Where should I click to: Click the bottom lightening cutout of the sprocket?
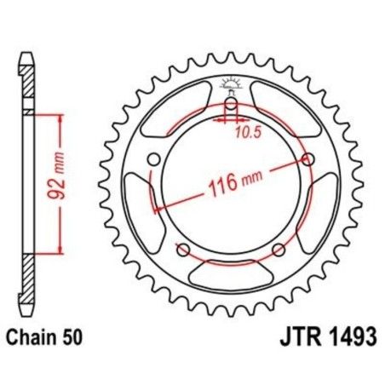(x=231, y=275)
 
